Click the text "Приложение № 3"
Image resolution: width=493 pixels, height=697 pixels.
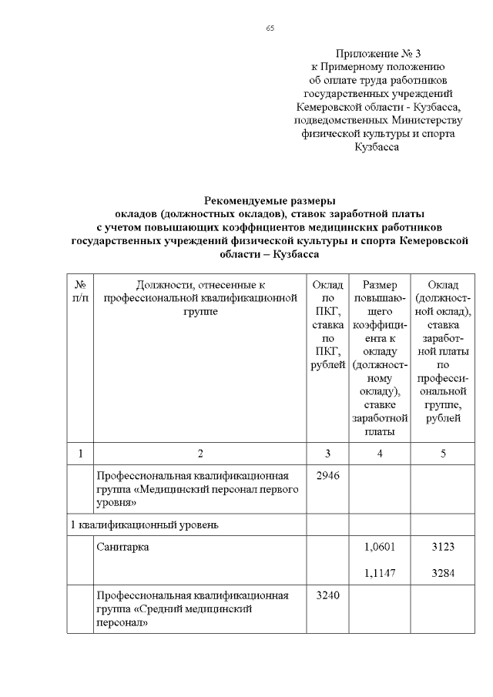click(x=377, y=54)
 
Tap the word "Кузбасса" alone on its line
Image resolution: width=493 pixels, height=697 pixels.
click(x=377, y=146)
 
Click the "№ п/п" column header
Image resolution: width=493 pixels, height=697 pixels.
click(x=80, y=291)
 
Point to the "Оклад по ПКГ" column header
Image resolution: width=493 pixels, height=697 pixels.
click(x=327, y=324)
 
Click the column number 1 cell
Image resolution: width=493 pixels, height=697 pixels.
click(x=80, y=454)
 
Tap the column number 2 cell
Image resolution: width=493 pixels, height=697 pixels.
click(x=200, y=454)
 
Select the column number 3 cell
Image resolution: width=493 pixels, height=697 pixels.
click(x=327, y=454)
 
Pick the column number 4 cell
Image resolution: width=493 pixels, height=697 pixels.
click(x=379, y=454)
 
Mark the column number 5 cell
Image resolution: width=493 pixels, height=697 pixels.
click(x=443, y=454)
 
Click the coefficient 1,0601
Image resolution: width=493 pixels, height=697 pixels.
click(x=379, y=548)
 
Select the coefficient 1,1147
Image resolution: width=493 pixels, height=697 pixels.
click(x=379, y=572)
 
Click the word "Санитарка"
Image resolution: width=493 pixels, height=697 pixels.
click(x=122, y=548)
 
